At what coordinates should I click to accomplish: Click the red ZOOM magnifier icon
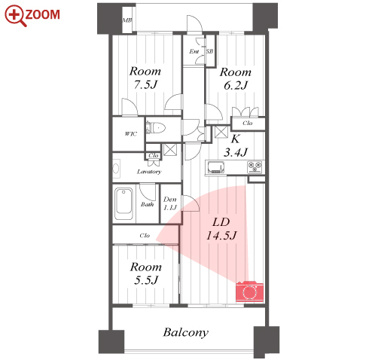point(16,16)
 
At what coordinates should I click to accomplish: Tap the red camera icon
point(249,291)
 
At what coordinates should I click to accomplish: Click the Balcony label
point(186,332)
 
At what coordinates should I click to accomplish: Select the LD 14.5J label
point(221,229)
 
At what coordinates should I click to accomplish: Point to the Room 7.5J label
point(145,78)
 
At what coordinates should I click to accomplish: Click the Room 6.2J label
point(236,78)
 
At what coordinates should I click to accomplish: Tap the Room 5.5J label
point(146,273)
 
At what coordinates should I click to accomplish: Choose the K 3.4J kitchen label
point(236,145)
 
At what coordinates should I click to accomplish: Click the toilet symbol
point(156,128)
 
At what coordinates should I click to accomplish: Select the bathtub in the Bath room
point(123,204)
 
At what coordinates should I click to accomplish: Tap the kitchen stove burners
point(255,167)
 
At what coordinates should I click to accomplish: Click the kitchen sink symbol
point(216,167)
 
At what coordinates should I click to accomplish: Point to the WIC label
point(131,134)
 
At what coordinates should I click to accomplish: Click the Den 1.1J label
point(170,203)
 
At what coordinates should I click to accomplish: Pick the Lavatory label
point(149,172)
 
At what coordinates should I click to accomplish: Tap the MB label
point(127,20)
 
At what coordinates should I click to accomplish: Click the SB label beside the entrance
point(209,51)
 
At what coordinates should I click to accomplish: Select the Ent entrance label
point(194,51)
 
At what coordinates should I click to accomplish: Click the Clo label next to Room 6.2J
point(248,123)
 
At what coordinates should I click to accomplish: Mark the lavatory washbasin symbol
point(116,168)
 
